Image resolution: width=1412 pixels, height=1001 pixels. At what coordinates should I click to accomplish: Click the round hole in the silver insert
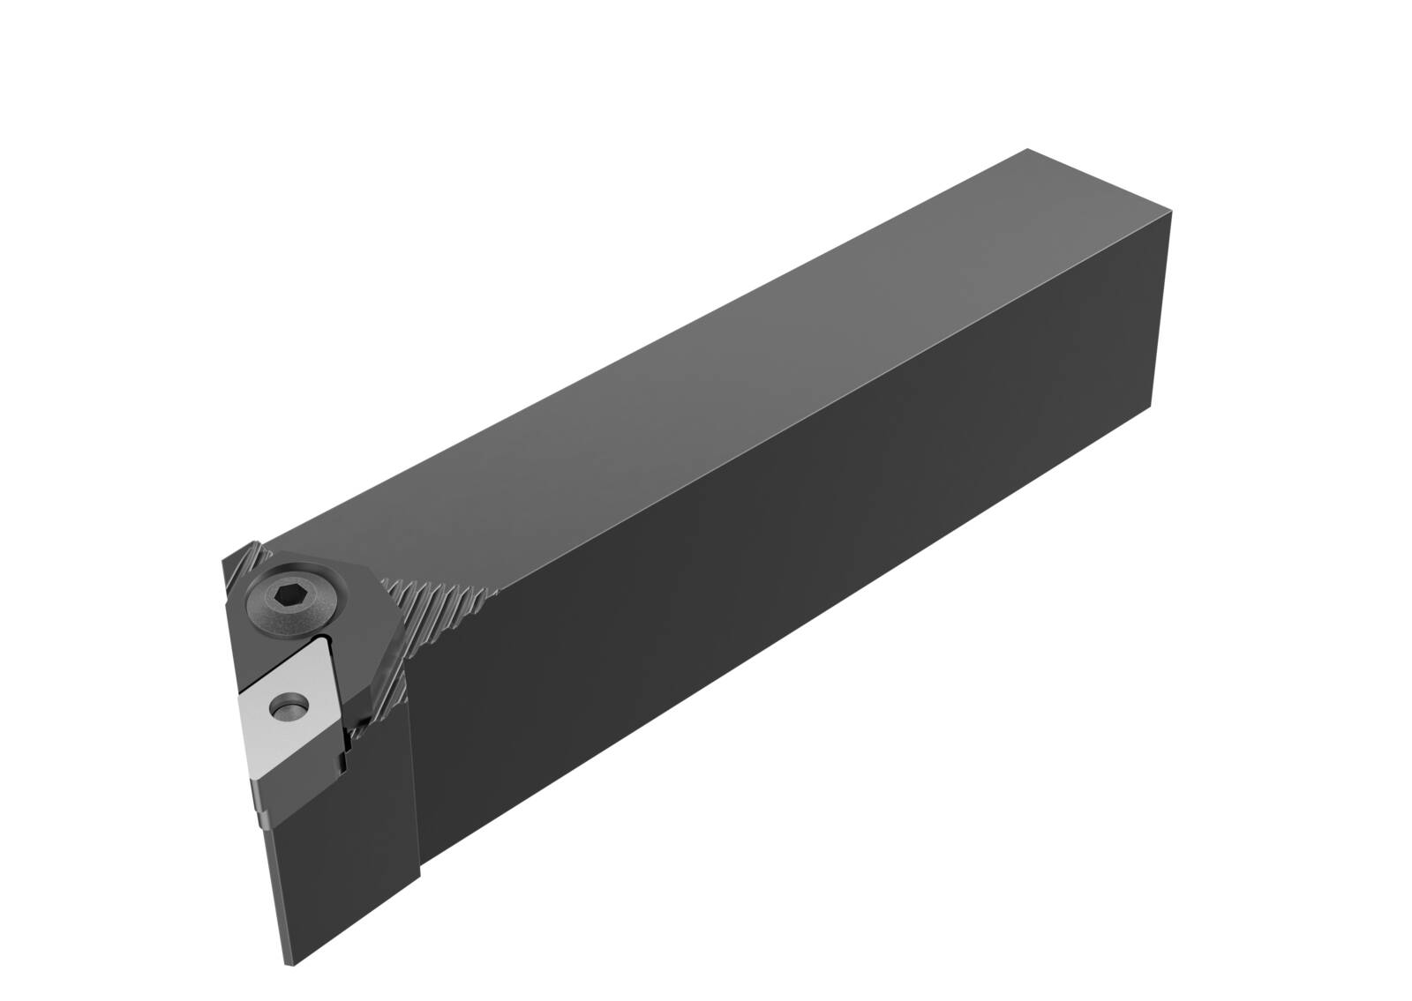point(287,706)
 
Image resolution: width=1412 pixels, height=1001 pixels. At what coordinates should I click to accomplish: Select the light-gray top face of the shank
point(706,370)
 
